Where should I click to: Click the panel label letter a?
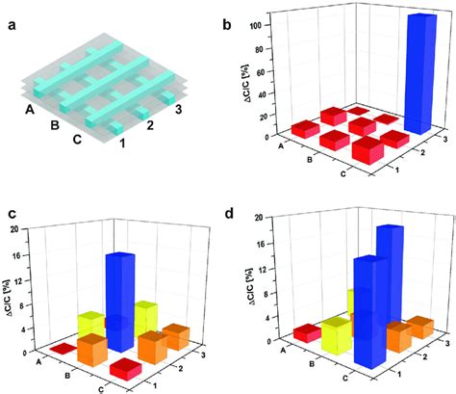(x=12, y=25)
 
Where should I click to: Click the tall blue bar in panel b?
(x=420, y=74)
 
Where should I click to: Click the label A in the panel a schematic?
(x=30, y=110)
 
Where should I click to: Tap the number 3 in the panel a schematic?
(x=178, y=109)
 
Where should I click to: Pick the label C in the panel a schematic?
(x=76, y=140)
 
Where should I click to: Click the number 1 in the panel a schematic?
(x=122, y=144)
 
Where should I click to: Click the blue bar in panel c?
(x=120, y=302)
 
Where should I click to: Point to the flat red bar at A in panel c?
(x=63, y=349)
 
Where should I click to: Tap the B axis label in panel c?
(x=67, y=376)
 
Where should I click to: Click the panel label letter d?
(x=229, y=214)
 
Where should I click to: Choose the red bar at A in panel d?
(x=307, y=333)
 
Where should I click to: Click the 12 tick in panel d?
(x=263, y=269)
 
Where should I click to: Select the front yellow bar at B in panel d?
(x=336, y=335)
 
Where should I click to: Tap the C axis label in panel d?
(x=345, y=378)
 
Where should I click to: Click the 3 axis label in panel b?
(x=444, y=139)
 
